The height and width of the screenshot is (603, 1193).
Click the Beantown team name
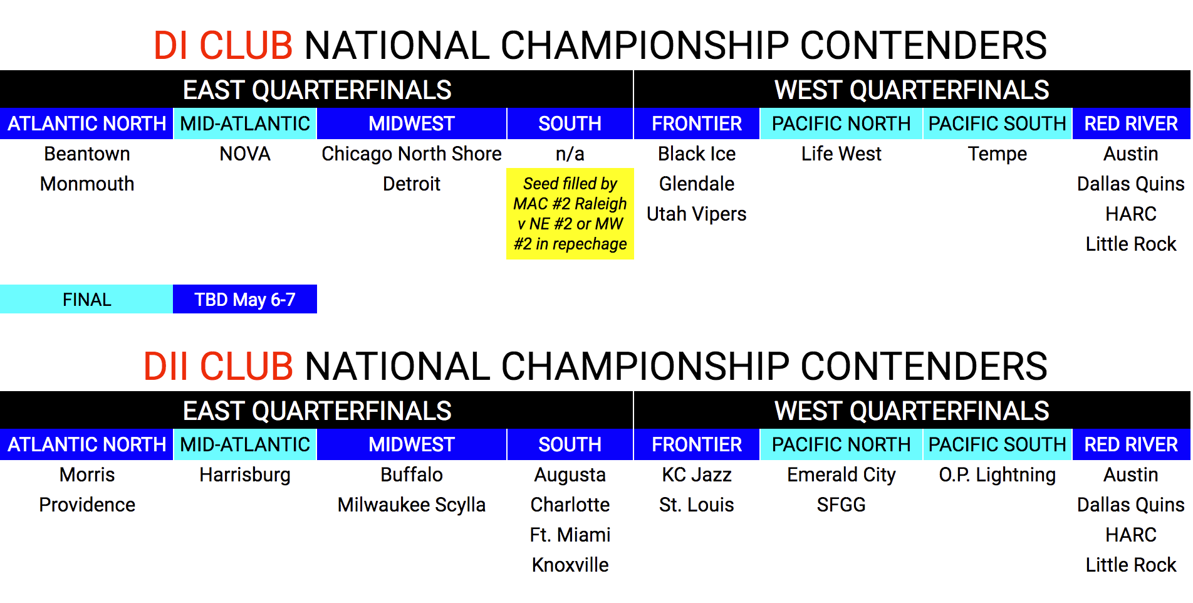[x=87, y=154]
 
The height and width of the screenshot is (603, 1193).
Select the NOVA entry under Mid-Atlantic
[x=245, y=154]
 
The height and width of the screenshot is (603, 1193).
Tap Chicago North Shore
[x=412, y=154]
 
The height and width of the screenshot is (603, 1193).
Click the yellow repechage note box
[x=570, y=214]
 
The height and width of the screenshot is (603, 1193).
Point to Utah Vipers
[x=697, y=214]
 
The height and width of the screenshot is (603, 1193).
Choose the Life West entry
[x=841, y=154]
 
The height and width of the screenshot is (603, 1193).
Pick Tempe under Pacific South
[x=998, y=154]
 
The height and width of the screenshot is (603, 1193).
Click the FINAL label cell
[x=86, y=299]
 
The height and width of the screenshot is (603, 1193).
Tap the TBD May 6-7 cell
[x=245, y=299]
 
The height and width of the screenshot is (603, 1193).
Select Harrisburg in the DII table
[x=245, y=475]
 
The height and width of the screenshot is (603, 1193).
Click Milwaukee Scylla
[x=412, y=505]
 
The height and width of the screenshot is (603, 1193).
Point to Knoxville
[x=570, y=565]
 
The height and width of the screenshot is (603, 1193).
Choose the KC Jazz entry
[x=697, y=475]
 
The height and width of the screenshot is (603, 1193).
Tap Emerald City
[x=841, y=475]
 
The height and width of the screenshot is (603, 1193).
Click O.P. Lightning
[x=998, y=475]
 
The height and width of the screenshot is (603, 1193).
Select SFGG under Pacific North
[x=841, y=505]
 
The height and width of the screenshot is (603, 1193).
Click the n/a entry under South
[x=570, y=154]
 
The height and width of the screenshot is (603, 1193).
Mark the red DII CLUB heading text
[x=218, y=366]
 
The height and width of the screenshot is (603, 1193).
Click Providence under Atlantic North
[x=87, y=505]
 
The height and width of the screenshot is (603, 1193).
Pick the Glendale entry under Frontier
[x=697, y=184]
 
